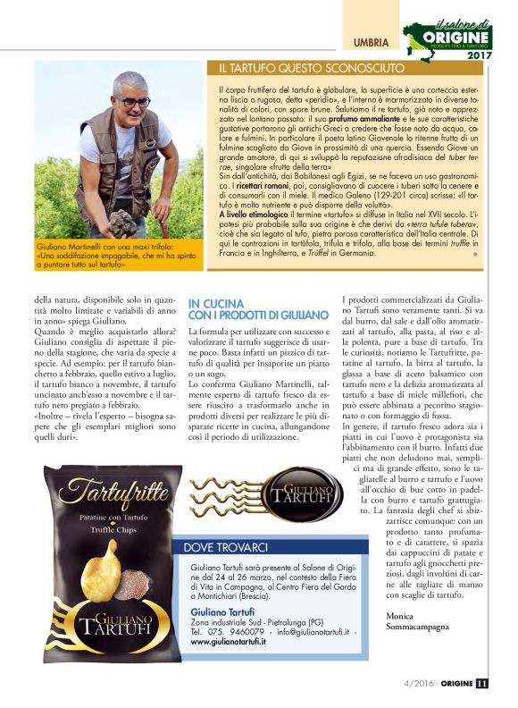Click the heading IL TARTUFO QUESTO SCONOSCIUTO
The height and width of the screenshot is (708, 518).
tap(312, 68)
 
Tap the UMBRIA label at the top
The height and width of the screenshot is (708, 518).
tap(370, 43)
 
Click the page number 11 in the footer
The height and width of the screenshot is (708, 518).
tap(482, 685)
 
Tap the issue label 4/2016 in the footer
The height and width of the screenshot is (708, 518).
tap(411, 685)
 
